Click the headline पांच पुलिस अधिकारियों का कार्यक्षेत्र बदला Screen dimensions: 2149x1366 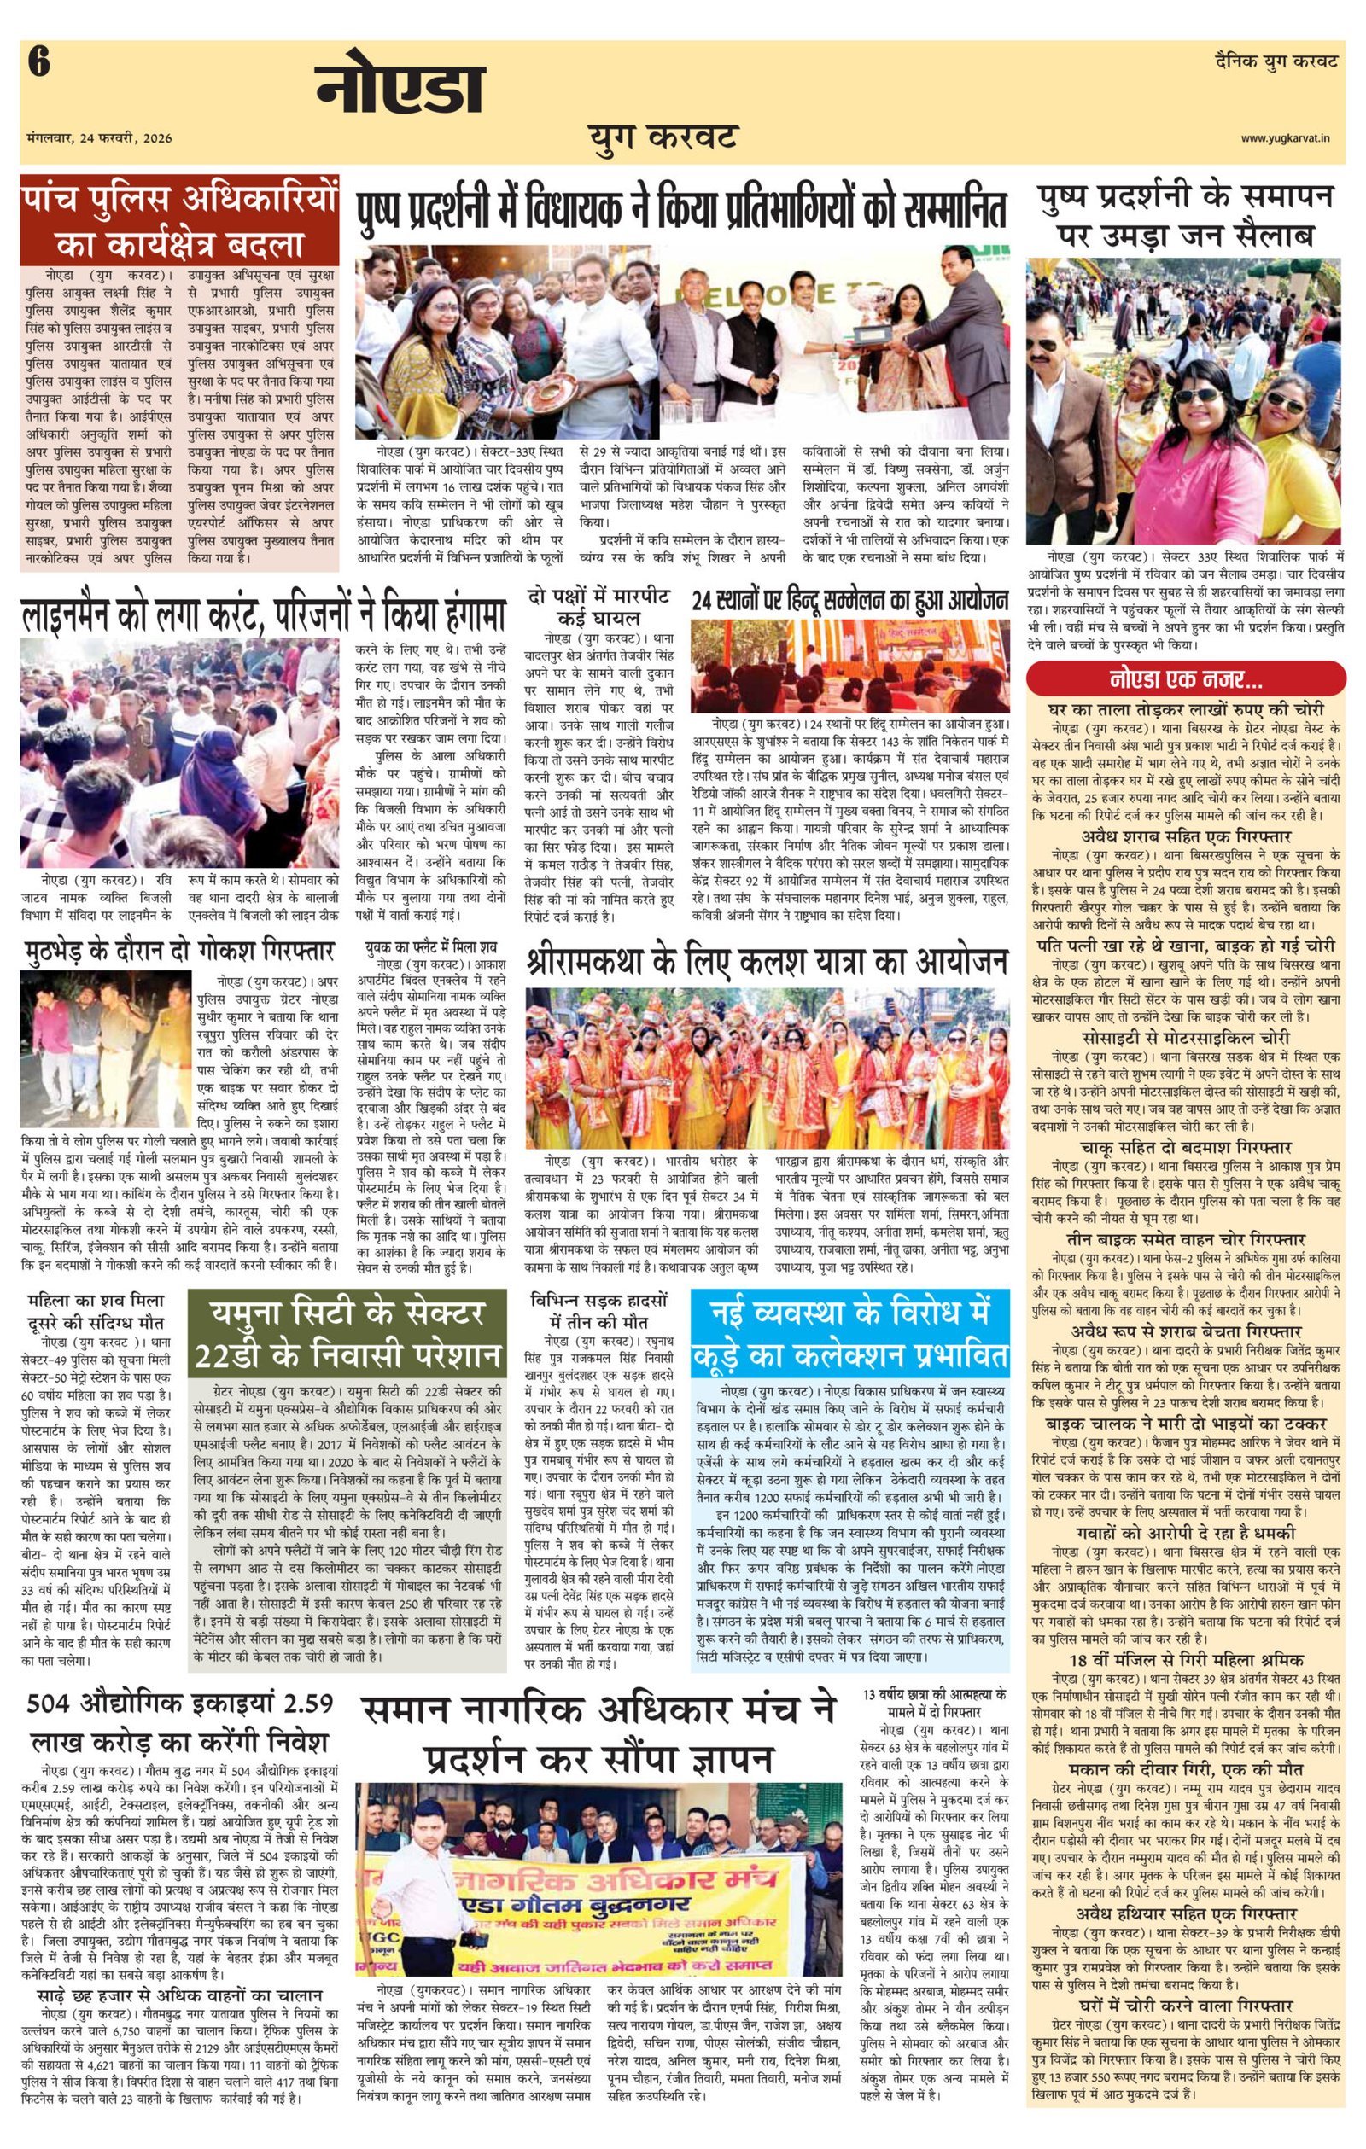click(x=180, y=219)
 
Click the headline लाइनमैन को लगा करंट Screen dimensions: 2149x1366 click(x=265, y=614)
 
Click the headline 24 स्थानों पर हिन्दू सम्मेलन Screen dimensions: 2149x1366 click(x=850, y=600)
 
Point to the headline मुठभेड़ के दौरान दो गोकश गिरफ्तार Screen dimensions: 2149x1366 click(x=179, y=949)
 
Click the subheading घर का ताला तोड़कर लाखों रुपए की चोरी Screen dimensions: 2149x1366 click(x=1186, y=710)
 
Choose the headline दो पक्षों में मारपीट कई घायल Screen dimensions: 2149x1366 click(x=597, y=606)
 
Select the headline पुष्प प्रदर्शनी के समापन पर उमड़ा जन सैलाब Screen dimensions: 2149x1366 click(x=1186, y=215)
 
